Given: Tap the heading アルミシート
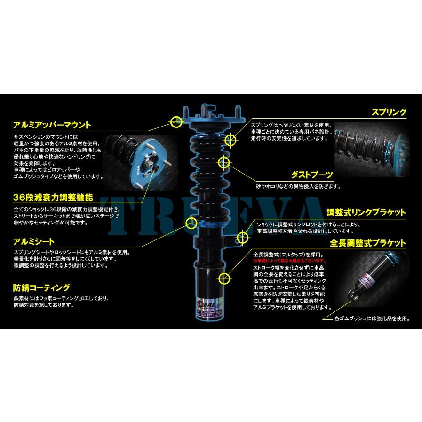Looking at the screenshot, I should (34, 241).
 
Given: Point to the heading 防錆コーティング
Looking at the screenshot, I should (42, 287).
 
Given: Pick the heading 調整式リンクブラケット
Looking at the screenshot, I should (366, 212).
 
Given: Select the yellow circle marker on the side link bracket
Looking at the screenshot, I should (243, 238).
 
